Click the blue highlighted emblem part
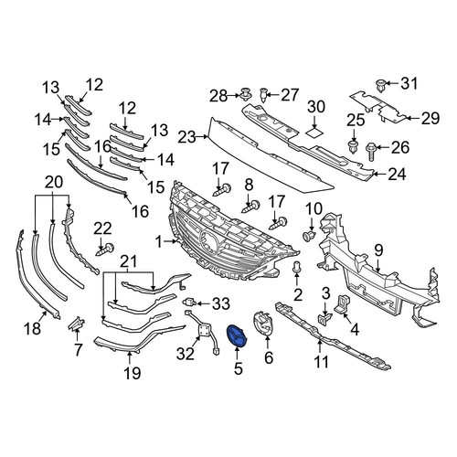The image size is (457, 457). (x=237, y=336)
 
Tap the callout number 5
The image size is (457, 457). (x=239, y=368)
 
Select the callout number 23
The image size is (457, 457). (x=186, y=137)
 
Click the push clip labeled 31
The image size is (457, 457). (x=380, y=86)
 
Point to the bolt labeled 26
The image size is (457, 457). (x=371, y=151)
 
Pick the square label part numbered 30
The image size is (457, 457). (x=314, y=133)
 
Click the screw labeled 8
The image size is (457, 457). (x=250, y=207)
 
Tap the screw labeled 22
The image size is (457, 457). (x=105, y=250)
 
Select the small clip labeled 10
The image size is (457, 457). (x=309, y=236)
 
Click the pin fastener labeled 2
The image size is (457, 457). (x=297, y=267)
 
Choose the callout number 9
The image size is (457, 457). (x=378, y=250)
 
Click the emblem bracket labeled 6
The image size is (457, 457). (x=263, y=324)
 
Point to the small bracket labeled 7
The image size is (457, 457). (x=77, y=324)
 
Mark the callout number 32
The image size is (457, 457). (x=186, y=354)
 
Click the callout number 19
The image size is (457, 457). (x=133, y=372)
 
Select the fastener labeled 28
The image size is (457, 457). (x=246, y=94)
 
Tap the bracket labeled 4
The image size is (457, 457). (x=343, y=303)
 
